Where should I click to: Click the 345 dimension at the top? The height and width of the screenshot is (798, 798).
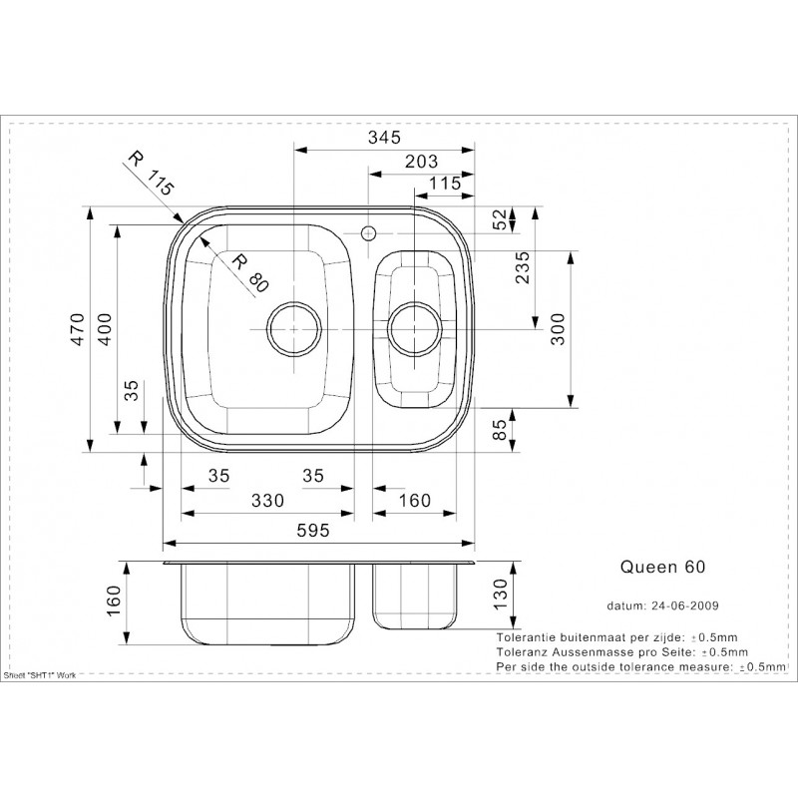point(385,138)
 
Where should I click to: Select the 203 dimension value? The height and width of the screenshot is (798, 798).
point(421,162)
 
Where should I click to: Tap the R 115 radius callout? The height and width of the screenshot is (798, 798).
point(152,173)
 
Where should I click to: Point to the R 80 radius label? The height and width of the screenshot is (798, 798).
point(249,273)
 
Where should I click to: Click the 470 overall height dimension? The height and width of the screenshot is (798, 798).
point(78,329)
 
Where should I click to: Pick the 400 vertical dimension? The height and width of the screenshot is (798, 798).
point(105,329)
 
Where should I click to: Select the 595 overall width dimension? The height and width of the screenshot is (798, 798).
point(313,531)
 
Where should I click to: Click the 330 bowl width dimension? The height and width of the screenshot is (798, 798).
point(267,501)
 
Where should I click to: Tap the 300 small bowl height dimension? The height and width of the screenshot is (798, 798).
point(558,329)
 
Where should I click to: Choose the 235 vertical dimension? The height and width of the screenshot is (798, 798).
point(522,267)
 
